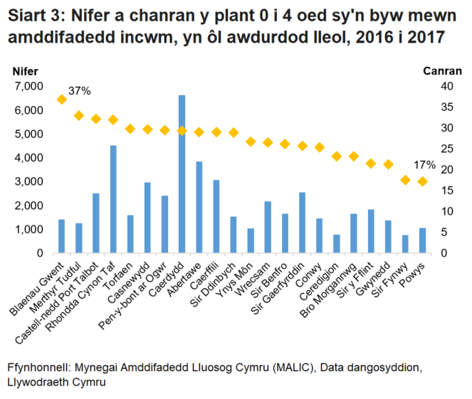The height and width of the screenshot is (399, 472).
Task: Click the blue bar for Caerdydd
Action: tap(182, 174)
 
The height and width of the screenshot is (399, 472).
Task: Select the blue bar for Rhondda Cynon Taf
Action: tap(113, 199)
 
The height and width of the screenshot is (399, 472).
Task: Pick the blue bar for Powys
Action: tap(423, 240)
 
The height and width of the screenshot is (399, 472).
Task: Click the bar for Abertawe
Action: tap(199, 207)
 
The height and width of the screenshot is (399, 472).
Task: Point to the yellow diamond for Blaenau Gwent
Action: tap(61, 99)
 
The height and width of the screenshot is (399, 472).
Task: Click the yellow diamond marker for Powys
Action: tap(423, 181)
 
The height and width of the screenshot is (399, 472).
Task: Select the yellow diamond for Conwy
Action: tap(320, 147)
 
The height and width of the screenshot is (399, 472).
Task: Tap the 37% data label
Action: tap(80, 91)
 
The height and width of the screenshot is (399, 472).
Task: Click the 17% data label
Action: tap(424, 165)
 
